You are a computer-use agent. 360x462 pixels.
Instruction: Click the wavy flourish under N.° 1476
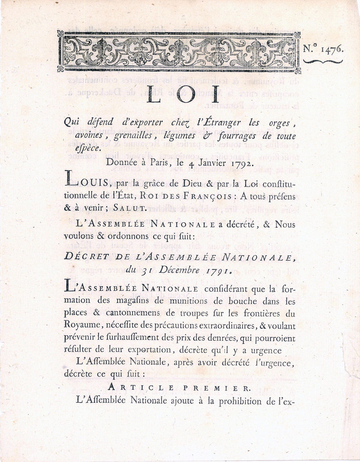323,61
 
